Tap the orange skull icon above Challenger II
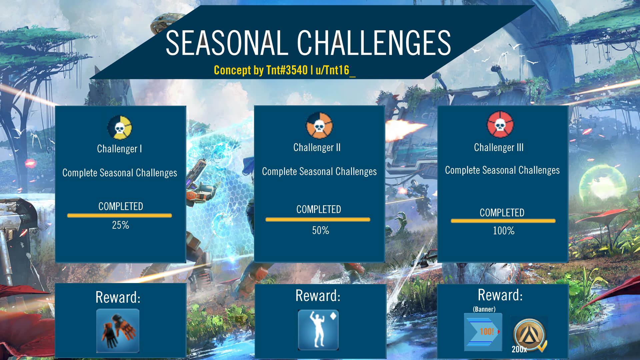tap(319, 126)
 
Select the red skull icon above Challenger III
tap(500, 125)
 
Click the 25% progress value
tap(120, 225)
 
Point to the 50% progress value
tap(320, 230)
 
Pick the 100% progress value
tap(503, 231)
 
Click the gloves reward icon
tap(118, 330)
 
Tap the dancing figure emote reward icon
tap(318, 330)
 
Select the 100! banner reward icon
tap(483, 332)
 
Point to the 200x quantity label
tap(519, 349)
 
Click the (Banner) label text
tap(484, 309)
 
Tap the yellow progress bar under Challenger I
tap(119, 216)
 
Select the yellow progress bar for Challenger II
tap(318, 220)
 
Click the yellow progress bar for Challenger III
tap(503, 221)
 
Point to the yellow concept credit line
tap(284, 70)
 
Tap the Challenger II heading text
tap(317, 147)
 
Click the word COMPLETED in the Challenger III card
tap(502, 213)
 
